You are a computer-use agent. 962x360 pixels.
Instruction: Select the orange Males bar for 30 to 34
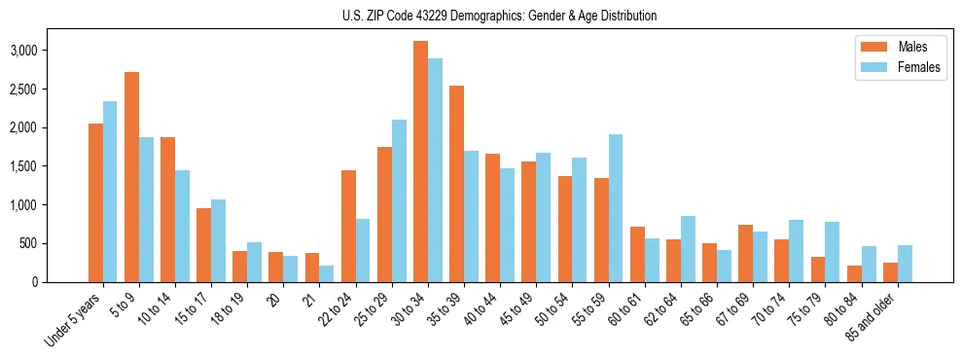(420, 162)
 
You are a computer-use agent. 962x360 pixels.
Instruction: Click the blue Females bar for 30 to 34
(435, 170)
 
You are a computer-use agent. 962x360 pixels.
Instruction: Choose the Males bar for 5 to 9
(131, 177)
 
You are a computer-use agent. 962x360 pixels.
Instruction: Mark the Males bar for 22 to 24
(348, 226)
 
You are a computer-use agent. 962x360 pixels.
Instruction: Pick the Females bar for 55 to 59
(615, 208)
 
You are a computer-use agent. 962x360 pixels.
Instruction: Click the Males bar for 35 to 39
(456, 184)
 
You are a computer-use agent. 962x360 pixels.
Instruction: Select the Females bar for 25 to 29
(399, 200)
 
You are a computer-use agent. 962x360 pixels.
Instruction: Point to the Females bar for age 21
(327, 273)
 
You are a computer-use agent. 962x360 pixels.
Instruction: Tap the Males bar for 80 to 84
(854, 273)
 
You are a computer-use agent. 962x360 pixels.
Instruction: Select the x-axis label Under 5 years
(74, 322)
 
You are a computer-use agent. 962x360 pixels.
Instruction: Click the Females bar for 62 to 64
(688, 249)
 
